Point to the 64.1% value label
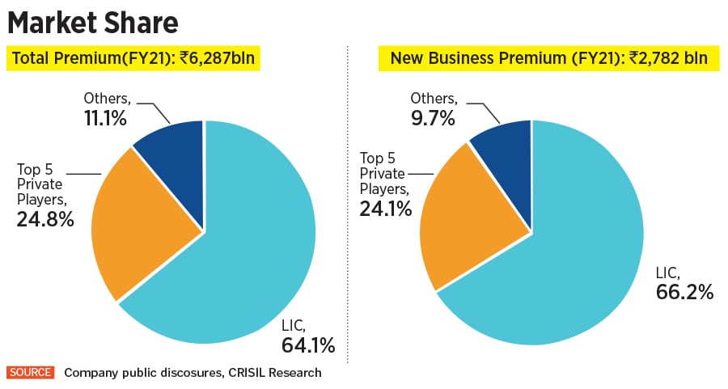pos(307,346)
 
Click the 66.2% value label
pos(684,292)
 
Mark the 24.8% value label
pos(45,218)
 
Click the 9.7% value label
pos(434,118)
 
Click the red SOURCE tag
pos(30,373)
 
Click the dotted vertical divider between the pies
pos(347,202)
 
